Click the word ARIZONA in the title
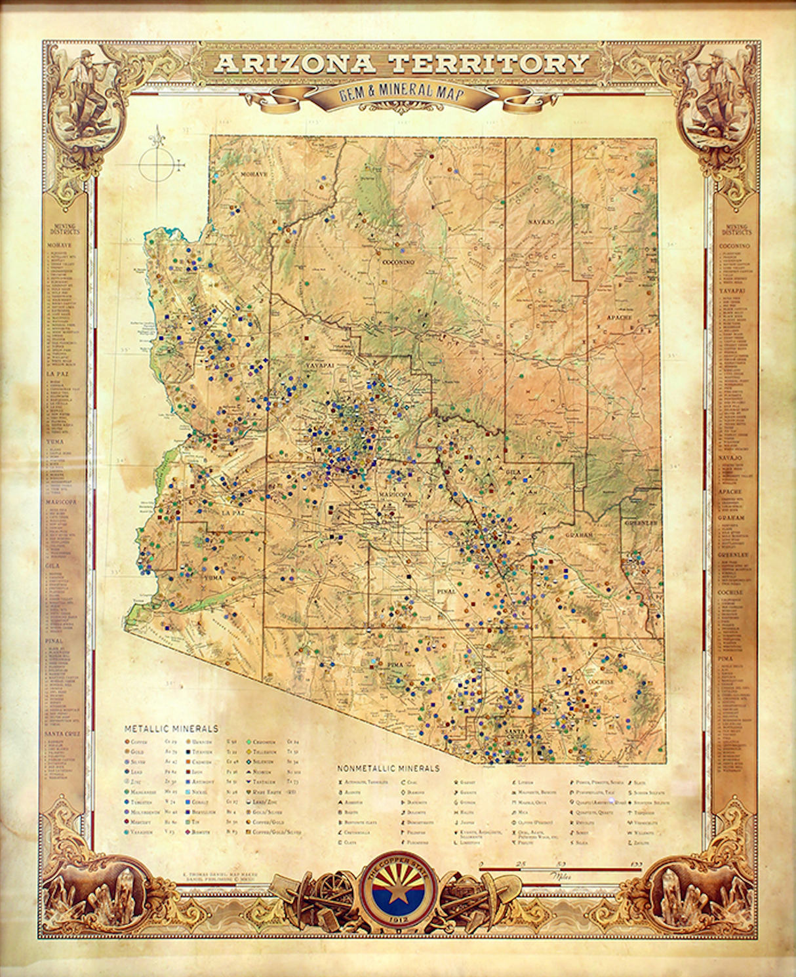pos(295,64)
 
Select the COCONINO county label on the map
pos(399,262)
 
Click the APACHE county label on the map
pos(619,317)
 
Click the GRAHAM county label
pos(579,535)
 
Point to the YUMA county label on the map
pos(213,578)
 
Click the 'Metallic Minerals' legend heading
pos(171,728)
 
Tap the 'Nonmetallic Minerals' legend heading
pos(388,768)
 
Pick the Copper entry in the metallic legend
pos(138,742)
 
